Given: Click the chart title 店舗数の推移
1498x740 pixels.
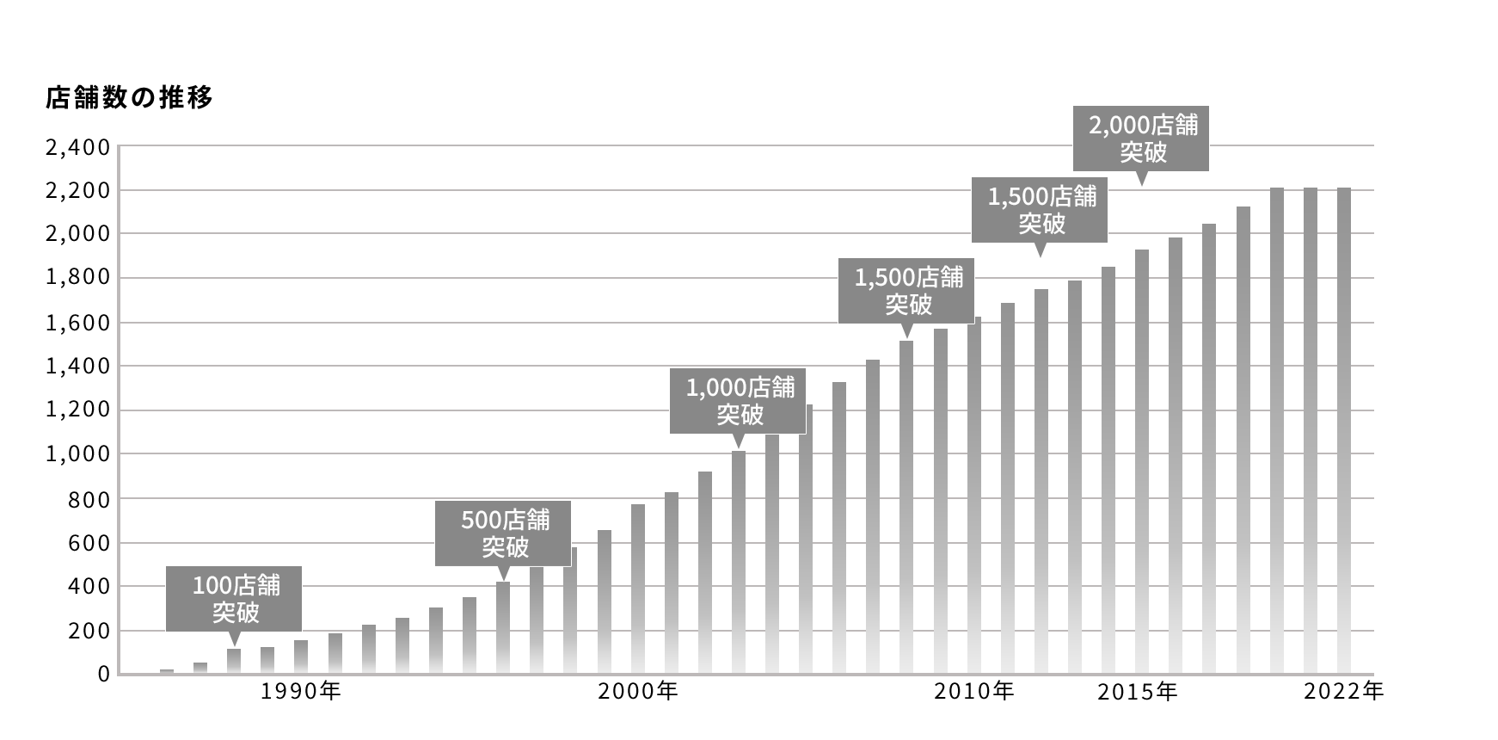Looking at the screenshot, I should point(129,98).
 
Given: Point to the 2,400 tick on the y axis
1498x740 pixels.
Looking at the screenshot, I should point(77,147).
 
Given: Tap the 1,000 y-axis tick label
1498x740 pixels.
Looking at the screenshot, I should point(77,453).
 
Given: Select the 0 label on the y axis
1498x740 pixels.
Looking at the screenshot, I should point(103,675).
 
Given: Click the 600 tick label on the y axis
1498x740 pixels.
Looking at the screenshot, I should point(89,543).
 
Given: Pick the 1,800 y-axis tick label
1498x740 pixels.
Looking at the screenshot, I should point(77,278).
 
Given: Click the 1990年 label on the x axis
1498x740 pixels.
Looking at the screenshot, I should point(301,691).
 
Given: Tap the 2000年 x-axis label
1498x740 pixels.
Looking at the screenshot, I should point(638,691).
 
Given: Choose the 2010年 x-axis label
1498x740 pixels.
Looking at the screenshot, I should point(974,691).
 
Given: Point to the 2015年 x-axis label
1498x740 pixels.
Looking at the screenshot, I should point(1137,692).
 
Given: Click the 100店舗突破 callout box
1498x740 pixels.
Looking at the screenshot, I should point(235,599).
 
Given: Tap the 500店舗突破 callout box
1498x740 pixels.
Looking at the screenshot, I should point(503,533).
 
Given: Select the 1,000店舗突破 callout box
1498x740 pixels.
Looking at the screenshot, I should point(738,402).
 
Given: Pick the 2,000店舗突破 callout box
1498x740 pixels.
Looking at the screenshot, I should point(1141,139).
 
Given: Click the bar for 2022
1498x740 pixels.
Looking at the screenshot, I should point(1344,430).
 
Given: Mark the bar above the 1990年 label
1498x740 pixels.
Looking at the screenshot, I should point(301,657).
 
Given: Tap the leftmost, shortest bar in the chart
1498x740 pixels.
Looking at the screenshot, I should point(167,671).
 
